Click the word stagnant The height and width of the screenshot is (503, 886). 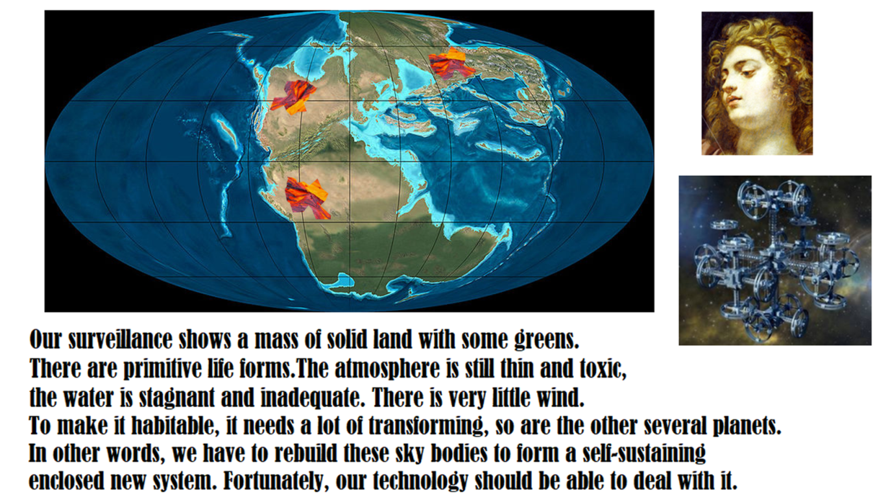tap(176, 398)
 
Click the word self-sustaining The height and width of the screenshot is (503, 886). tap(644, 454)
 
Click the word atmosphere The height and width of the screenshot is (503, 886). tap(387, 369)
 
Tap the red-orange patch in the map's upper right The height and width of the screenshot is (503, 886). tap(451, 64)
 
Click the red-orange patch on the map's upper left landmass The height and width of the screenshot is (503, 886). tap(294, 97)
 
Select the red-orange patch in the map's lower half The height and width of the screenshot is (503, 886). tap(307, 197)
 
